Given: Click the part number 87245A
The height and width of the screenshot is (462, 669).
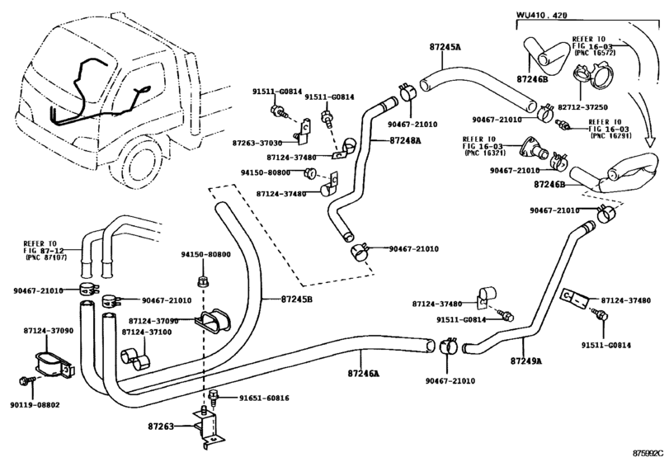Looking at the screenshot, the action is pos(445,46).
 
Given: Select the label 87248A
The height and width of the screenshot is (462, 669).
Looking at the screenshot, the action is pos(405,140).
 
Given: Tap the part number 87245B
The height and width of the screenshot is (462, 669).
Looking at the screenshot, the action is pos(296,299).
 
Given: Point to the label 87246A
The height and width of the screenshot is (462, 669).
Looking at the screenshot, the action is pos(364,373).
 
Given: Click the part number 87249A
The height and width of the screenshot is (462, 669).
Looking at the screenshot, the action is pos(526,361).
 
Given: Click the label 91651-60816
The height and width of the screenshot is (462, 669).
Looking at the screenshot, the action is pos(264,398).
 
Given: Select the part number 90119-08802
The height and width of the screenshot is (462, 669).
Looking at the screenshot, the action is pos(35,405).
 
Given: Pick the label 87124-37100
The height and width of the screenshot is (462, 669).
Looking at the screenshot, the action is pos(147,332).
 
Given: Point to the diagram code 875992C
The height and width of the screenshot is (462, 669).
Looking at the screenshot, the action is pos(648,453).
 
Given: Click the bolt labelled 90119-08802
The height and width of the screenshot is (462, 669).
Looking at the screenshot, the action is pos(25,380).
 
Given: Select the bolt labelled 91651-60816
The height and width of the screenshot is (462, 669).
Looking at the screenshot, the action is pos(214,397).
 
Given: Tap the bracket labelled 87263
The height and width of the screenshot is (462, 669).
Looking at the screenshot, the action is pos(208,427).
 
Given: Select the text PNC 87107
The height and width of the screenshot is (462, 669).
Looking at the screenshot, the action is pos(46,257).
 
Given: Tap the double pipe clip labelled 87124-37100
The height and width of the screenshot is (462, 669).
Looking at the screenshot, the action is pos(137,359).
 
